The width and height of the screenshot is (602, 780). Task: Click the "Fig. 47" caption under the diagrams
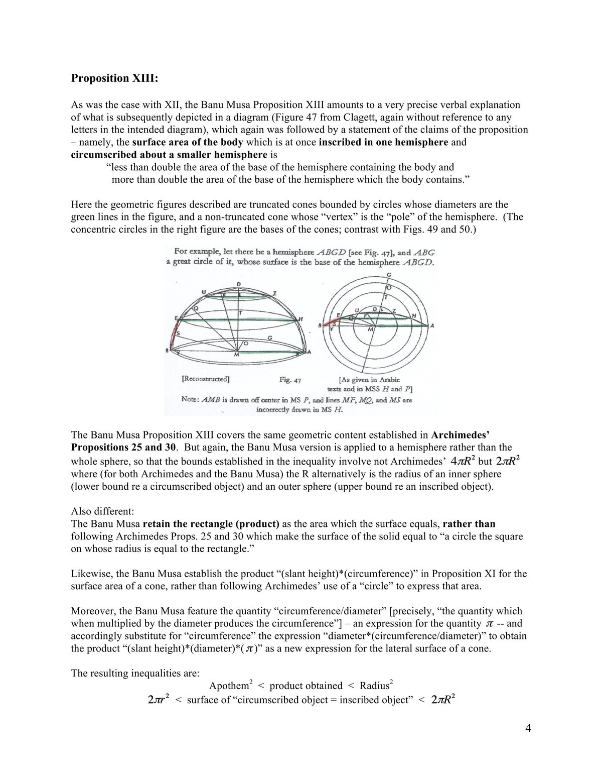290,380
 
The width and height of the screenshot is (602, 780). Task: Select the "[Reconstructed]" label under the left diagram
205,379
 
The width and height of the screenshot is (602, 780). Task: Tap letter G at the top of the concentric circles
389,274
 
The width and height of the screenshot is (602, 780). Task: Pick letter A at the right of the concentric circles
432,325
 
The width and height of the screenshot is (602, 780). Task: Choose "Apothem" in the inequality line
229,686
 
